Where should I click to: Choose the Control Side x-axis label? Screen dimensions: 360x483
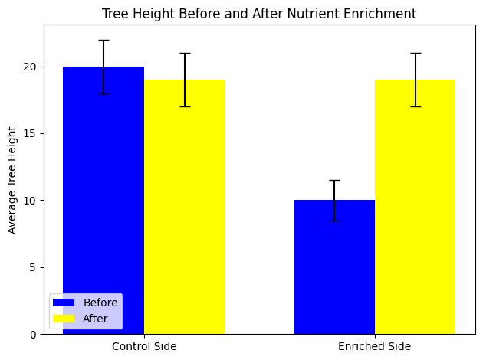click(x=144, y=347)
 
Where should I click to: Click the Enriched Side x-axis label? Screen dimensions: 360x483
click(x=375, y=347)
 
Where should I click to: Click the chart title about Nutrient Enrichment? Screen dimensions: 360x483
click(x=259, y=13)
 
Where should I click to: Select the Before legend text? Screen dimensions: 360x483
click(x=100, y=303)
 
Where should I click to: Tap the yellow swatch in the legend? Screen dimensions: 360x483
click(x=64, y=319)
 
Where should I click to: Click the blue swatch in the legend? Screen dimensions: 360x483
click(x=64, y=303)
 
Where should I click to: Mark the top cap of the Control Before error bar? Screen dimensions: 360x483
click(x=103, y=40)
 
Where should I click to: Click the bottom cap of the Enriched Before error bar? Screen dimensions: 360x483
click(x=334, y=221)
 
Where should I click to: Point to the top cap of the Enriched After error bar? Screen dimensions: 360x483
click(x=415, y=54)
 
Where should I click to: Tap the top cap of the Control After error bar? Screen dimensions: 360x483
click(x=184, y=54)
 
